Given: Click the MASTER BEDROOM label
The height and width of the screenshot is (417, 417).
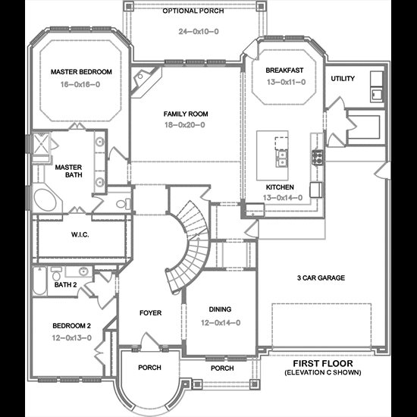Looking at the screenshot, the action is pyautogui.click(x=81, y=72).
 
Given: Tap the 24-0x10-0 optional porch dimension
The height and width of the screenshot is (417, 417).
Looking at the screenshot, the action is pyautogui.click(x=199, y=32).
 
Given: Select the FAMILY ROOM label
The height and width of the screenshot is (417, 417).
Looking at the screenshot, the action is pyautogui.click(x=186, y=114).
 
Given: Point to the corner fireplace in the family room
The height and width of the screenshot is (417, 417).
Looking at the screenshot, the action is pyautogui.click(x=145, y=81).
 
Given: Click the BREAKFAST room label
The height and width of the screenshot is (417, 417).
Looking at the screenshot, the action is pyautogui.click(x=284, y=71).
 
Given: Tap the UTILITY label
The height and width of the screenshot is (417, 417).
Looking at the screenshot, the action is pyautogui.click(x=343, y=78).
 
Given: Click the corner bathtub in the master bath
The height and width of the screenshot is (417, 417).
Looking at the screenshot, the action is pyautogui.click(x=45, y=199).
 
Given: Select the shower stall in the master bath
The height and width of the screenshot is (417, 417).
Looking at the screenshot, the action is pyautogui.click(x=41, y=144).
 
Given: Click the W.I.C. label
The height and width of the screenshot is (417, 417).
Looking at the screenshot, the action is pyautogui.click(x=80, y=234).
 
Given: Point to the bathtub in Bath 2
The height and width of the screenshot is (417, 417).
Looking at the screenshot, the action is pyautogui.click(x=39, y=281).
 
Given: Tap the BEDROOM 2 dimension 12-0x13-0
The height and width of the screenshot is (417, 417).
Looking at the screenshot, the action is pyautogui.click(x=71, y=337).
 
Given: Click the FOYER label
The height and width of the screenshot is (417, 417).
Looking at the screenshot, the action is pyautogui.click(x=150, y=312).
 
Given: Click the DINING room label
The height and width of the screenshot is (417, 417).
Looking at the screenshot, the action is pyautogui.click(x=220, y=309).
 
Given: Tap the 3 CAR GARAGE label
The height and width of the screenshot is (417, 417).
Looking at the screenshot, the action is pyautogui.click(x=321, y=278).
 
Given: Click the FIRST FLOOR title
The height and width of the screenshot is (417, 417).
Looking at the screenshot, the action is pyautogui.click(x=323, y=363).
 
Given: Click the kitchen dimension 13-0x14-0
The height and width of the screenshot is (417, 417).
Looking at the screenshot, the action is pyautogui.click(x=283, y=198).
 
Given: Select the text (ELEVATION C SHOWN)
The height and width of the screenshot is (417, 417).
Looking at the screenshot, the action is pyautogui.click(x=323, y=372).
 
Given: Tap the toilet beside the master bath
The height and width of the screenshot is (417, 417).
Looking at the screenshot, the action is pyautogui.click(x=123, y=204).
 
